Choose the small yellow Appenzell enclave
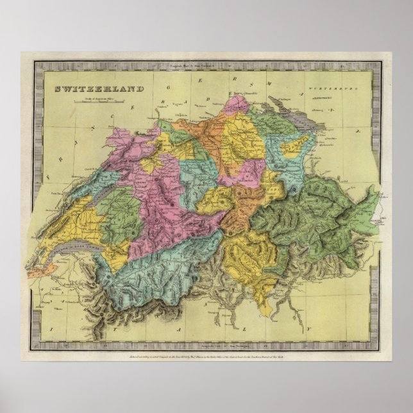click(294, 146)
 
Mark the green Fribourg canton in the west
click(119, 215)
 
